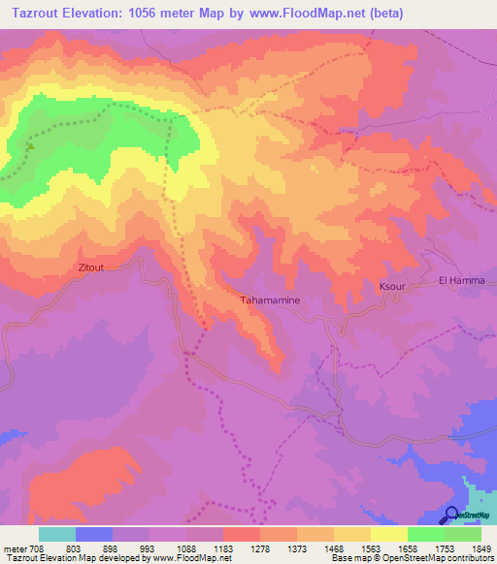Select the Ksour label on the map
[x=390, y=288]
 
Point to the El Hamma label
[x=460, y=280]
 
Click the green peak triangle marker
[x=29, y=147]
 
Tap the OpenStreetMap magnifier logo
[x=454, y=516]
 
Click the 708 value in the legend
[x=36, y=548]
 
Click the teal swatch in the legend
[x=57, y=534]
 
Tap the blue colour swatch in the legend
[x=94, y=534]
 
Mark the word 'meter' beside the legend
[x=14, y=548]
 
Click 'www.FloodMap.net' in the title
[x=300, y=13]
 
